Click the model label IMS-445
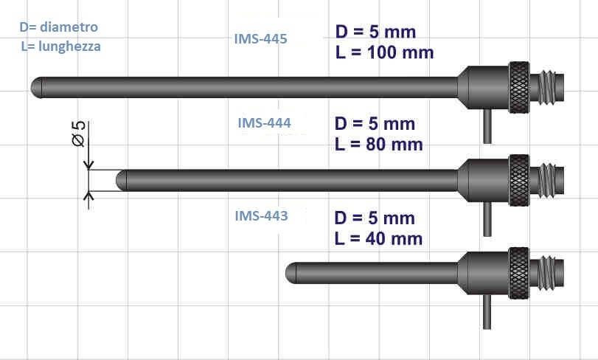[260, 39]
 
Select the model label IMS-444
[264, 122]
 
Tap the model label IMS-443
[261, 216]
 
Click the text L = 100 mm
[384, 52]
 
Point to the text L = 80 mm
[379, 145]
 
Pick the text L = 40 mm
[378, 239]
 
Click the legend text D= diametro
[59, 27]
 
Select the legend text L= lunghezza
[61, 46]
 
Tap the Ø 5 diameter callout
[79, 134]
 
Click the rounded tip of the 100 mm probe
[37, 88]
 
